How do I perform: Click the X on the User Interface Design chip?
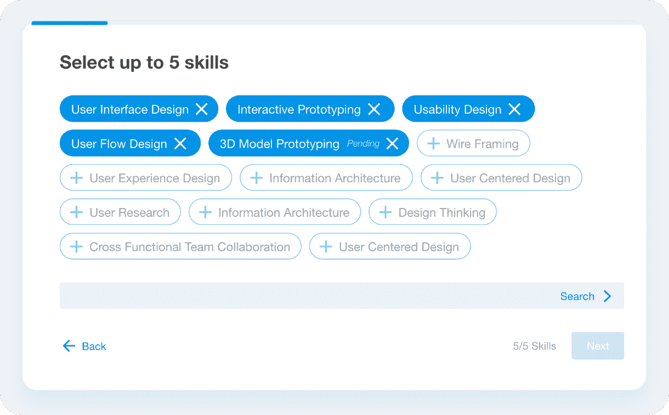(x=202, y=109)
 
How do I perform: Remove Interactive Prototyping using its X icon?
(x=374, y=109)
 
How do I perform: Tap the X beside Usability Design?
(x=514, y=109)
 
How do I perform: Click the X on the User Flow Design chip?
(x=180, y=144)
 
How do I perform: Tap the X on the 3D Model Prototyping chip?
(x=392, y=144)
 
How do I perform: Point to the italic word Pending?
(x=363, y=144)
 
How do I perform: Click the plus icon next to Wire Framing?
(x=433, y=144)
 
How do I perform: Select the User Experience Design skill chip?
(x=146, y=178)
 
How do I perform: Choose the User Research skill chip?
(x=120, y=212)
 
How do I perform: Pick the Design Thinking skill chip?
(x=433, y=212)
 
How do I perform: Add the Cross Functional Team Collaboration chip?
(x=180, y=247)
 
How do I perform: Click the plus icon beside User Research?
(x=77, y=212)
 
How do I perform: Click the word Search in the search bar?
(x=577, y=296)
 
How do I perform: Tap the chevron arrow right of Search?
(x=607, y=296)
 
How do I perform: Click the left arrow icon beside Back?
(x=69, y=346)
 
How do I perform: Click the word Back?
(x=94, y=346)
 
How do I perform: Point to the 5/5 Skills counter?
(x=535, y=346)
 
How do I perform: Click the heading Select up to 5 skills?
(x=144, y=63)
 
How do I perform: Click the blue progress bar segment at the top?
(x=70, y=23)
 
